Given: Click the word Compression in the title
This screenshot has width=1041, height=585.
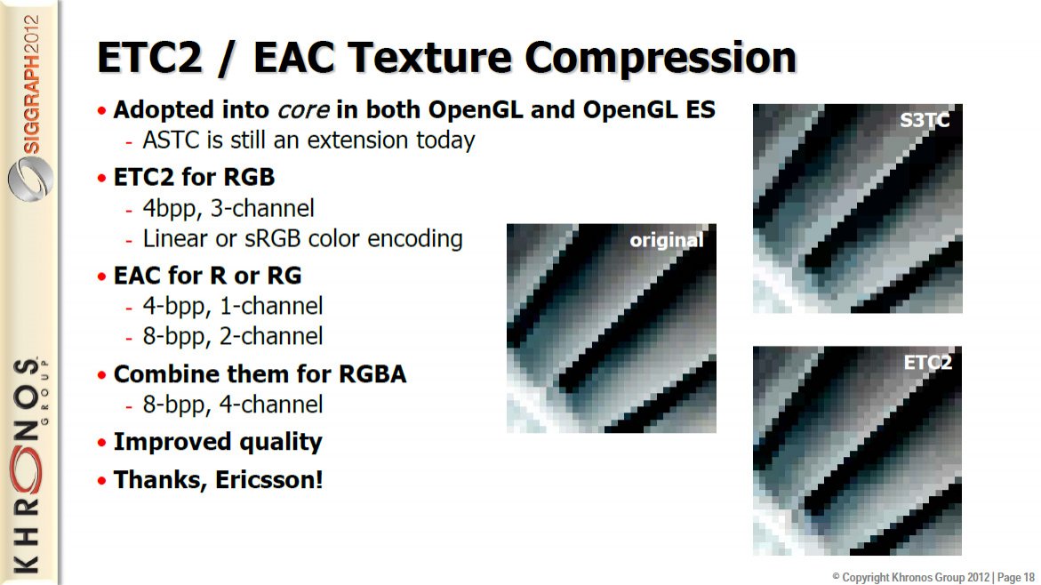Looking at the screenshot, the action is (x=660, y=58).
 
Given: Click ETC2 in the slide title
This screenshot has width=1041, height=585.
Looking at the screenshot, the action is (x=149, y=57).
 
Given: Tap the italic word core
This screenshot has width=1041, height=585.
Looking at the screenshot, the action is (x=303, y=110).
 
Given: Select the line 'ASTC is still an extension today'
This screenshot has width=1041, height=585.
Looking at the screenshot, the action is (x=308, y=140).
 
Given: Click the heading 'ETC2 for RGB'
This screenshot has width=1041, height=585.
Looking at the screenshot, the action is (x=194, y=177).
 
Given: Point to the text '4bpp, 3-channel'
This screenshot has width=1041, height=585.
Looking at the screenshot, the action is (x=228, y=209).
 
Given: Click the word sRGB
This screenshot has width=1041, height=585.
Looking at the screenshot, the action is (x=274, y=238).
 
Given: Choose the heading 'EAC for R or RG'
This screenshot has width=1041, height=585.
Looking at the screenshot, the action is (x=207, y=276).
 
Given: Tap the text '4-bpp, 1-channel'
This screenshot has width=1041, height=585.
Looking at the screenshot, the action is (x=232, y=306).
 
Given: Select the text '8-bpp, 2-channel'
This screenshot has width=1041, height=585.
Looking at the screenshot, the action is (x=232, y=337).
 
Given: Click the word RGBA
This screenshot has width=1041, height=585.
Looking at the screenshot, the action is (x=372, y=374).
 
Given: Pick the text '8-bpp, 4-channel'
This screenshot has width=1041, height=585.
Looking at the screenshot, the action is (x=232, y=405).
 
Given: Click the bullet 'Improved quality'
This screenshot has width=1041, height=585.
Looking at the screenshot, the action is (x=218, y=442).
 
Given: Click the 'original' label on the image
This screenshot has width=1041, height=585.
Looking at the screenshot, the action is (x=666, y=240).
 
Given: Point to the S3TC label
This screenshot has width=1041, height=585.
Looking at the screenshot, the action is (x=925, y=120).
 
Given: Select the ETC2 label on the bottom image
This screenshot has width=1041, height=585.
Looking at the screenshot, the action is (x=927, y=363).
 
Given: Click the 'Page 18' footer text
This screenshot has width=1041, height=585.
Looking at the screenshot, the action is (x=1016, y=578).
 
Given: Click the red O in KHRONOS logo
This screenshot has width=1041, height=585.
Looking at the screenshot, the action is (x=27, y=469).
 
